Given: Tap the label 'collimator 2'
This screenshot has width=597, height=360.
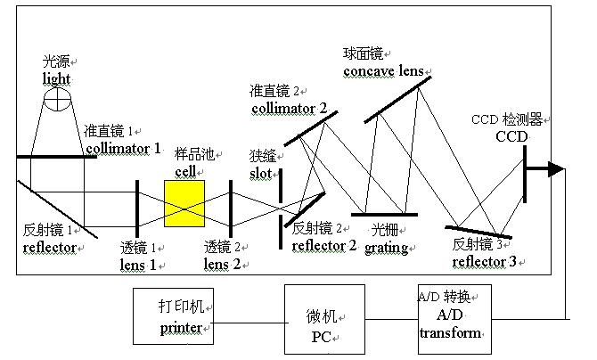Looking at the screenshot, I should coord(289,109).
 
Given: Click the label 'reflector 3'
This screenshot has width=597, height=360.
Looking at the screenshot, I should coord(484,262).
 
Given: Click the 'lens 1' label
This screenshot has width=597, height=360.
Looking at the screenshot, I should coord(138,264).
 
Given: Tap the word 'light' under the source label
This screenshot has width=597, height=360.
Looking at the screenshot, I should coord(56,78).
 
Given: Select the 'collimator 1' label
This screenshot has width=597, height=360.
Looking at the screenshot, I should coord(123,148).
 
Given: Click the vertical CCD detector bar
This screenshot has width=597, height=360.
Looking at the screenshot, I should coord(526,170).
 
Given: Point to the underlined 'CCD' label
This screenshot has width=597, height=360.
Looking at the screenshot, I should coord(511,136).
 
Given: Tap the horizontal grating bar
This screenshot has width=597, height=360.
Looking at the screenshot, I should coord(384,214).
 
